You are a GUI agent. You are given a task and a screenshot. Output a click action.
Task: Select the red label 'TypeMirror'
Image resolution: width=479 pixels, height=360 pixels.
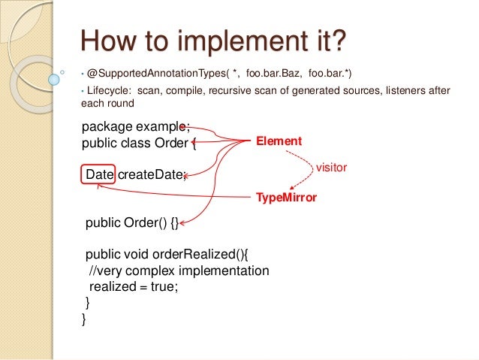287,198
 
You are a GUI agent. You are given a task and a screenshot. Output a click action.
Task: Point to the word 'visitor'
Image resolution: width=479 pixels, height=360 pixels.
330,168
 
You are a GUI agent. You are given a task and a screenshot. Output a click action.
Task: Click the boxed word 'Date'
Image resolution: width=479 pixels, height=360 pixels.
99,174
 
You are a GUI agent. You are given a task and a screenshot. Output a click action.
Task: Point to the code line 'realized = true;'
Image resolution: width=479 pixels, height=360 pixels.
134,286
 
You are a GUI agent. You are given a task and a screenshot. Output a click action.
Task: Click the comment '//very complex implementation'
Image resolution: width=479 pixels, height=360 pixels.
179,271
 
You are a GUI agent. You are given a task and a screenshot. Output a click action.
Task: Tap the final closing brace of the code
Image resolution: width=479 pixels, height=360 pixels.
84,319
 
